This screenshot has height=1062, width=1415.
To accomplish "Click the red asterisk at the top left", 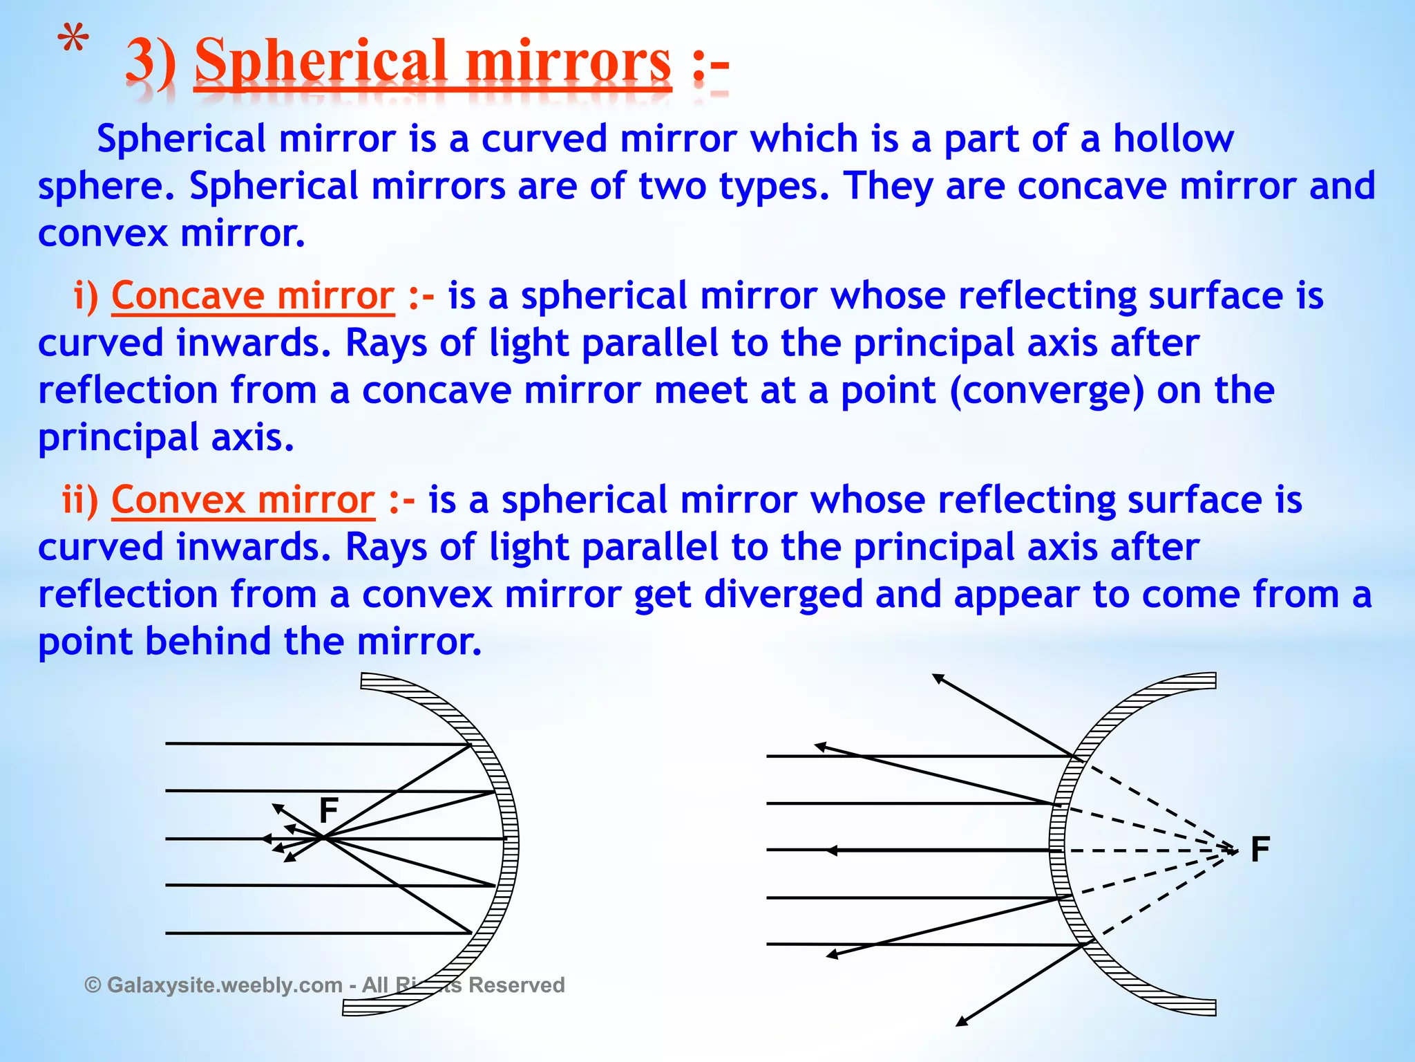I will [x=73, y=41].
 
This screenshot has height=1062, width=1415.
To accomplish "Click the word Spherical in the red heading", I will [x=321, y=62].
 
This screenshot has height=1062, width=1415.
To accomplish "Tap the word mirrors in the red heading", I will [x=568, y=62].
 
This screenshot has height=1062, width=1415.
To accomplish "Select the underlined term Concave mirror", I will [x=253, y=296].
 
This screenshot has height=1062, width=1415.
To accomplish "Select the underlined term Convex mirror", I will [x=243, y=500].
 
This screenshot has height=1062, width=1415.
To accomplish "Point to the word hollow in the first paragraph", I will [x=1173, y=139].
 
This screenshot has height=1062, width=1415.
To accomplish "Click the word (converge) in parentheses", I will [x=1047, y=391].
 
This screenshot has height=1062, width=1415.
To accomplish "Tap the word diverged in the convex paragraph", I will [x=784, y=595].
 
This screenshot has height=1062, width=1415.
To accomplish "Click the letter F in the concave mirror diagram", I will [x=329, y=810].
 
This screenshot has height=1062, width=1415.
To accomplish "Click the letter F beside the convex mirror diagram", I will [x=1260, y=849].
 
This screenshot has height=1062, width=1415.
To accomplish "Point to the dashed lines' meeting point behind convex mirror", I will [x=1234, y=850].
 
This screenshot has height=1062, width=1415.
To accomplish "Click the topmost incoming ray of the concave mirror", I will [x=318, y=744].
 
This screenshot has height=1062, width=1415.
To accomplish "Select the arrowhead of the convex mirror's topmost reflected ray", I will [x=937, y=678].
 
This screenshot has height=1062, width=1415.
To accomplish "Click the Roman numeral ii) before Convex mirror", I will [x=80, y=500].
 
